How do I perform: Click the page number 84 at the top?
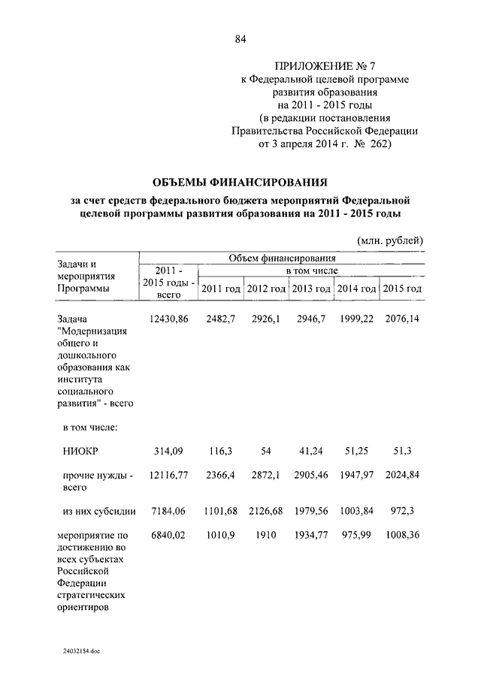240,40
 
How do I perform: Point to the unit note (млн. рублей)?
390,240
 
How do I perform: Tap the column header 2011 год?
221,289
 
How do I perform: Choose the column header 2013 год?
311,289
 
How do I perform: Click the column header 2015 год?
402,289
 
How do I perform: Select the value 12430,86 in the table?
168,319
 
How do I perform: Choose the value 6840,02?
168,536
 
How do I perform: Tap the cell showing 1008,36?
402,536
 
